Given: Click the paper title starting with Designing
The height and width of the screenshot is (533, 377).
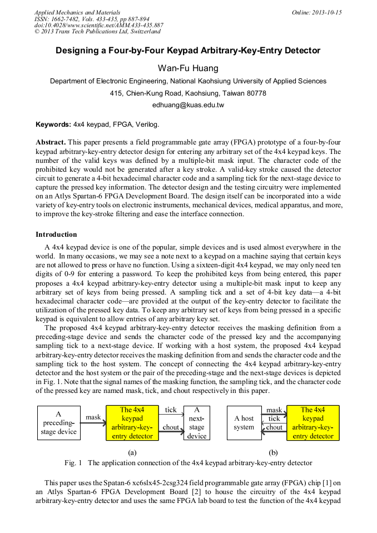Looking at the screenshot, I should click(188, 51).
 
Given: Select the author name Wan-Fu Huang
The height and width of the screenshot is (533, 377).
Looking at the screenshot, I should click(188, 68).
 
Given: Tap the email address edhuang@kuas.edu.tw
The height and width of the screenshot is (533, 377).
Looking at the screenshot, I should click(188, 104).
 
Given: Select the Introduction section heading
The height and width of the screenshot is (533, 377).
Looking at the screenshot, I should click(56, 235).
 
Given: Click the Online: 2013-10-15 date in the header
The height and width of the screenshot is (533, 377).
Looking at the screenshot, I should click(316, 12).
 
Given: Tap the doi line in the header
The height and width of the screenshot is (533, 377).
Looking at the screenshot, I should click(99, 26).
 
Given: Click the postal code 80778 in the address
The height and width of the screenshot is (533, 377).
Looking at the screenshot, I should click(256, 93).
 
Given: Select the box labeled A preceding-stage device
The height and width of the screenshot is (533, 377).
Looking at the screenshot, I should click(59, 423).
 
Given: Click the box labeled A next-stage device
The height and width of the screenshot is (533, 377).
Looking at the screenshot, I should click(197, 423).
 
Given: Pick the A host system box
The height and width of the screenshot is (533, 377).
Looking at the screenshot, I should click(244, 423).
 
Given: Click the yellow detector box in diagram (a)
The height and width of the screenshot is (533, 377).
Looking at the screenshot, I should click(132, 423).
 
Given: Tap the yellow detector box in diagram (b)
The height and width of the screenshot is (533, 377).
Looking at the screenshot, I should click(313, 423).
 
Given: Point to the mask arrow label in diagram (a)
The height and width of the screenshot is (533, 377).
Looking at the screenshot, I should click(93, 417).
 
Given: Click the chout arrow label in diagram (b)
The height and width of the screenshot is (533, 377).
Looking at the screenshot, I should click(274, 427).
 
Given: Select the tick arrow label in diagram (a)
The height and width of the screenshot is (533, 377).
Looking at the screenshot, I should click(171, 410).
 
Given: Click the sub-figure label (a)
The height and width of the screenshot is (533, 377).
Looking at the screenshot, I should click(132, 452).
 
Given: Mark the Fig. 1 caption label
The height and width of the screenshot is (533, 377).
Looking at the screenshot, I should click(73, 463).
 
